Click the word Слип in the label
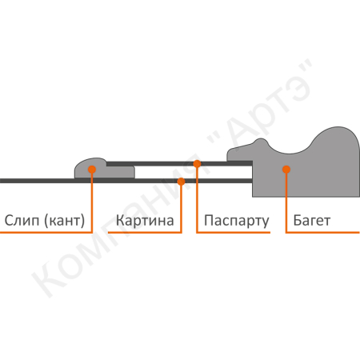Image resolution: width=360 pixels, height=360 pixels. (x=22, y=221)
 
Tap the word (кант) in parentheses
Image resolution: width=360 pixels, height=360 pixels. (x=65, y=221)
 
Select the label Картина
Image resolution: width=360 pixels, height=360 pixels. (x=145, y=221)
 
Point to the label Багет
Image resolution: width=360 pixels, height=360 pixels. (x=312, y=221)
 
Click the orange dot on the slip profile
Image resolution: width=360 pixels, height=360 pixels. (x=92, y=170)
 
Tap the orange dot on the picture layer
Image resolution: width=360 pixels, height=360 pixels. (x=181, y=182)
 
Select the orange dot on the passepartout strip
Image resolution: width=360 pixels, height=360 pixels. (x=197, y=164)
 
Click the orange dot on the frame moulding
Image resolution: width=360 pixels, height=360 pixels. (x=286, y=169)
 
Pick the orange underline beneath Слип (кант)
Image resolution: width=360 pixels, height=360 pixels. (x=46, y=233)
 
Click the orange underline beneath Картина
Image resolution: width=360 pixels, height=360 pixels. (x=145, y=233)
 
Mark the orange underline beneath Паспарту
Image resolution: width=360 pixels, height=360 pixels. (x=234, y=233)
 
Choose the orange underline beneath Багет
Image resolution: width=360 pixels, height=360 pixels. (x=322, y=233)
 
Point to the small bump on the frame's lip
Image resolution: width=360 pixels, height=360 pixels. (x=260, y=142)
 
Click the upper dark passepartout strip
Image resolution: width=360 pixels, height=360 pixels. (x=179, y=163)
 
